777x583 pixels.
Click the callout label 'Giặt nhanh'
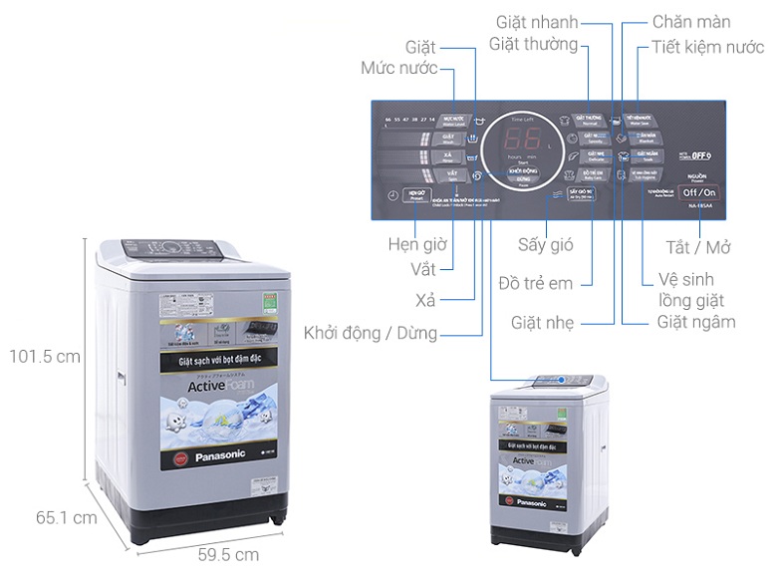[x=538, y=22]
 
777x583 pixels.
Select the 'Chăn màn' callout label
[x=690, y=22]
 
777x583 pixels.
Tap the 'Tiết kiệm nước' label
[x=708, y=46]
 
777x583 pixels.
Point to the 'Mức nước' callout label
[x=400, y=69]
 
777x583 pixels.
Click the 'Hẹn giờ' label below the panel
[x=416, y=245]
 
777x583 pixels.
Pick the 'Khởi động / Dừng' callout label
[x=370, y=333]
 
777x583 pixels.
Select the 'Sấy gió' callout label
[x=545, y=245]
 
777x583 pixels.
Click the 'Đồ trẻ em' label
[x=535, y=283]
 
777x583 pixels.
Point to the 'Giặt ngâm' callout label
[x=696, y=322]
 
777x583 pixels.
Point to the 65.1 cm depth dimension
[x=67, y=518]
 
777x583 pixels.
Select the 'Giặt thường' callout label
[x=534, y=45]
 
